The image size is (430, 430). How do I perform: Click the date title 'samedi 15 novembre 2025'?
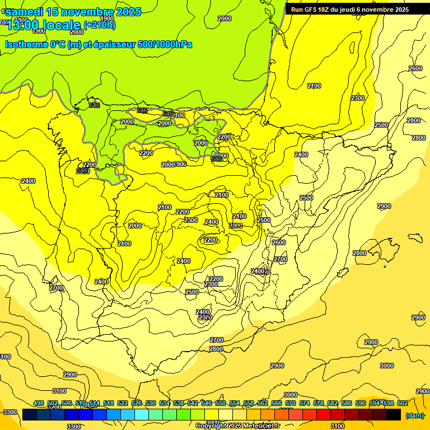[73, 12]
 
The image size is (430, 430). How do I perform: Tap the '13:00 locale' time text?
[44, 25]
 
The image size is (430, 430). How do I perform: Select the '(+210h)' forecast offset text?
[99, 25]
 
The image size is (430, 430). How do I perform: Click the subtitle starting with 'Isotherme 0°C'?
[99, 44]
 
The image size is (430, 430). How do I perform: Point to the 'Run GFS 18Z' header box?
[349, 10]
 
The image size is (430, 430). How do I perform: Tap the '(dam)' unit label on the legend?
[414, 415]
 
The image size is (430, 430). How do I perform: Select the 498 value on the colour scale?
[39, 404]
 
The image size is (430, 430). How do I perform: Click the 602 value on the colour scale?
[403, 404]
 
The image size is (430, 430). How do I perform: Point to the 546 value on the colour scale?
[207, 404]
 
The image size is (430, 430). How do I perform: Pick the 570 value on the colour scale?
[291, 404]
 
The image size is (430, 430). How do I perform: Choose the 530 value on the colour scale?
[151, 404]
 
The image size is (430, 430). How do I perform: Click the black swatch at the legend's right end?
[394, 414]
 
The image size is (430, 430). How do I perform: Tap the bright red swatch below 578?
[324, 414]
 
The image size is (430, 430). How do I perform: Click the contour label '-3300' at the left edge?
[10, 412]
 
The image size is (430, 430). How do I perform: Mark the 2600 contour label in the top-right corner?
[415, 68]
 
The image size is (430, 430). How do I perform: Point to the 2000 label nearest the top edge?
[224, 18]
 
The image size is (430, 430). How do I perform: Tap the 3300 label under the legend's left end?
[73, 427]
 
